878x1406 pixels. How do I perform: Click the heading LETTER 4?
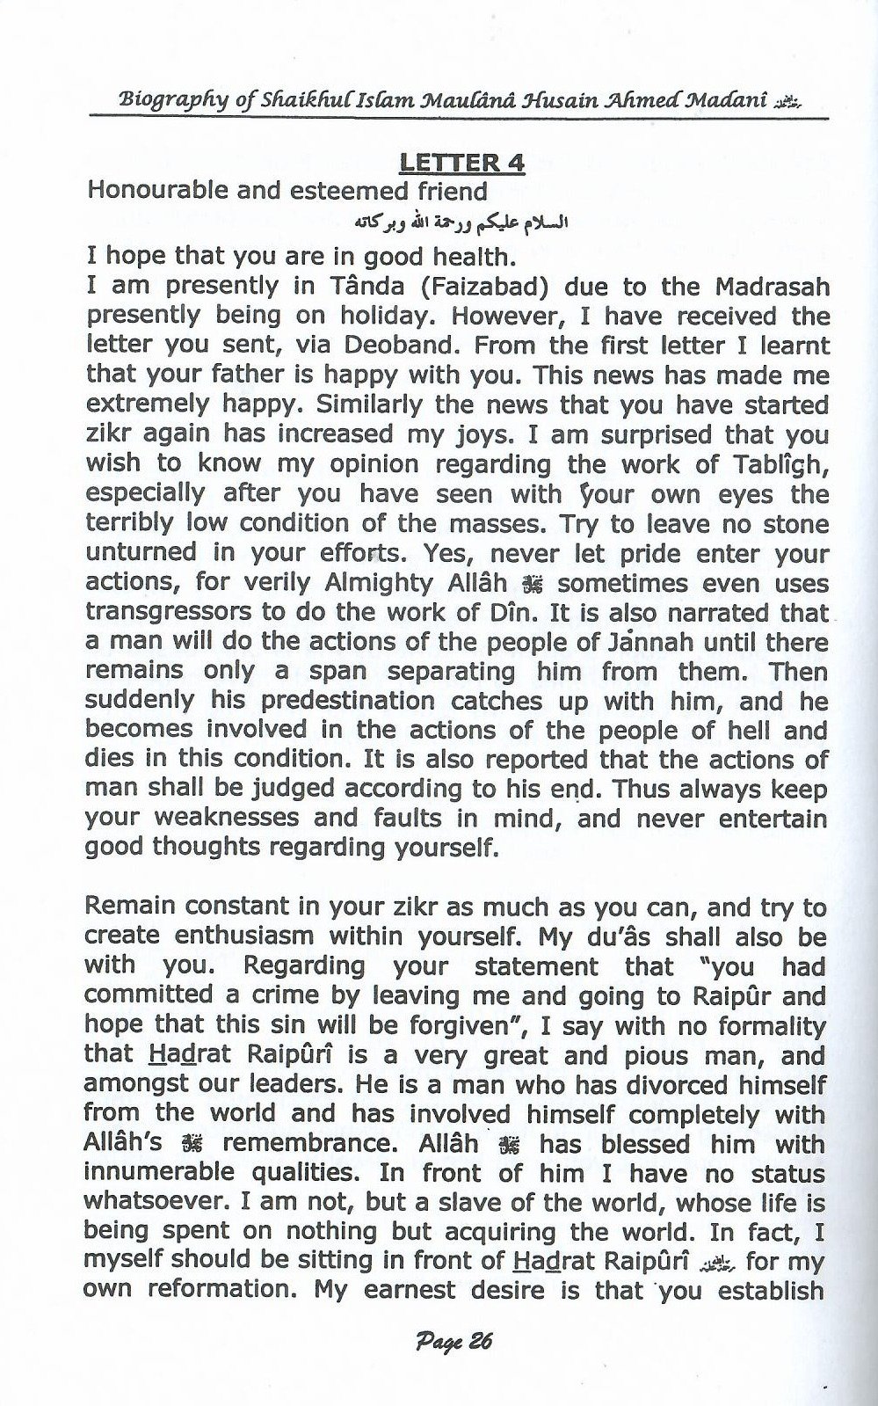pyautogui.click(x=462, y=163)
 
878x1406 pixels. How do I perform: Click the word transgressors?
pyautogui.click(x=165, y=613)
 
